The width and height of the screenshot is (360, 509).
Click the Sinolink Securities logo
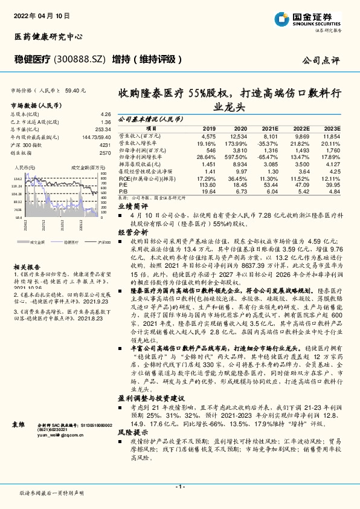[323, 19]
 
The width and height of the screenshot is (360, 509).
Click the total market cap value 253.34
[102, 129]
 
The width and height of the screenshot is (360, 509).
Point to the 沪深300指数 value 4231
[104, 145]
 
